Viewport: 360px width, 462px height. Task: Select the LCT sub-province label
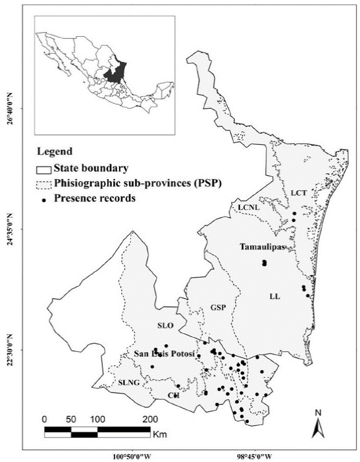click(298, 192)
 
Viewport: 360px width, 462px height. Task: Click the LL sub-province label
click(274, 297)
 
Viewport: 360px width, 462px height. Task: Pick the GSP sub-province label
click(218, 307)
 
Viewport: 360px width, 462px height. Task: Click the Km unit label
click(159, 435)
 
